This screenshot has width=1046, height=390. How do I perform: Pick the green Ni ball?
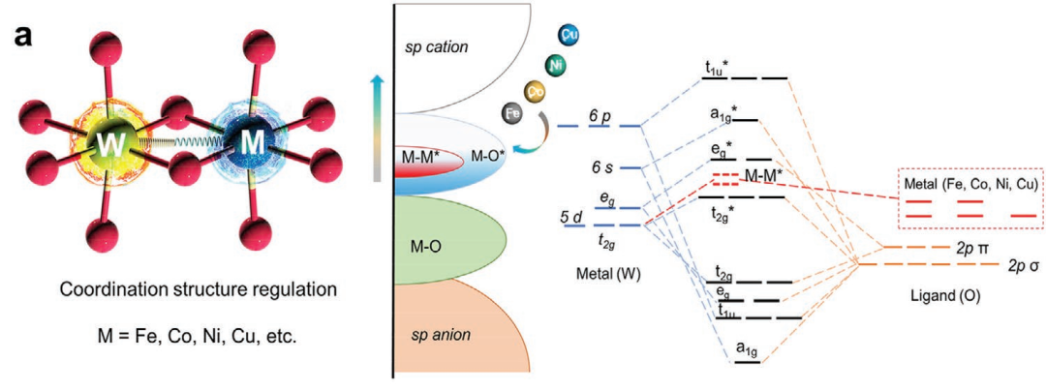tap(555, 66)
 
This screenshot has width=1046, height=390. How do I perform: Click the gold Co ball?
tap(534, 92)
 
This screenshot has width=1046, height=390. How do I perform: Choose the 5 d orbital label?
tap(570, 216)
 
